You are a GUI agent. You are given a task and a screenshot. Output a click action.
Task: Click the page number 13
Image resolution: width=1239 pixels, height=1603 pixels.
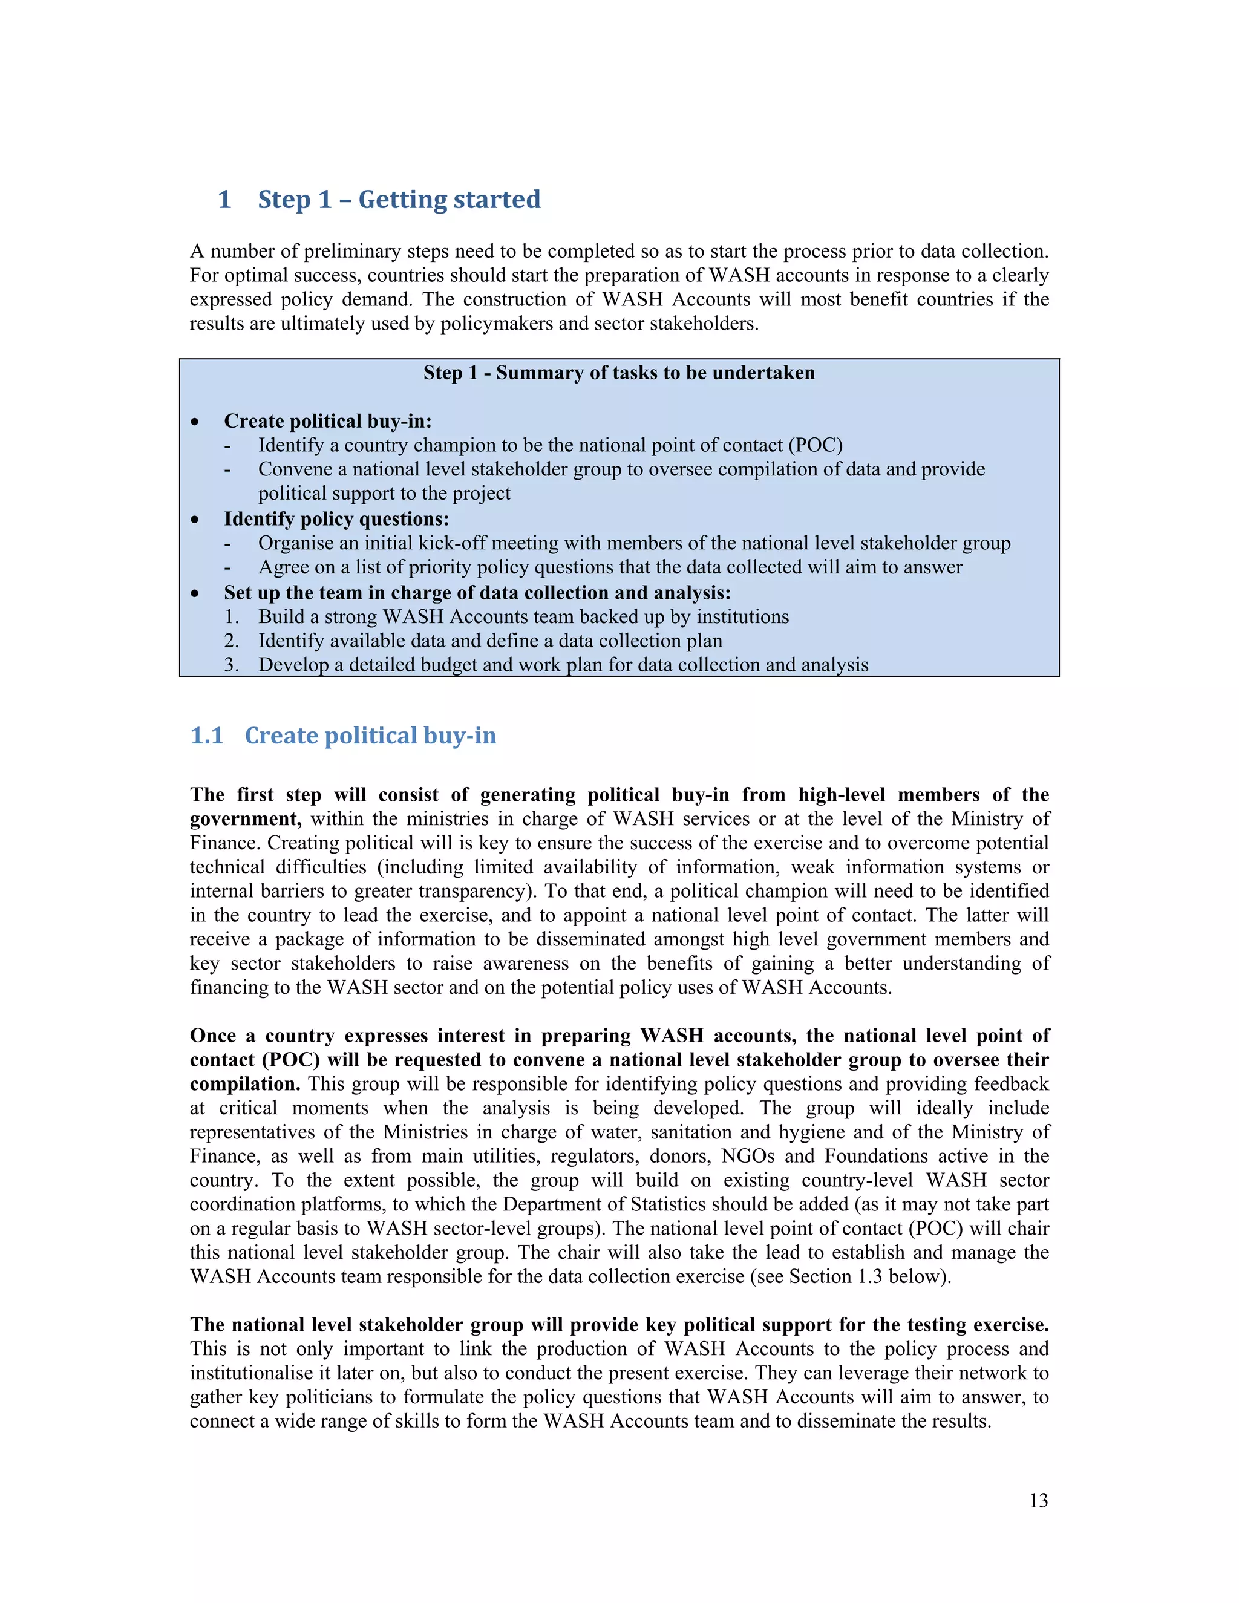(1038, 1500)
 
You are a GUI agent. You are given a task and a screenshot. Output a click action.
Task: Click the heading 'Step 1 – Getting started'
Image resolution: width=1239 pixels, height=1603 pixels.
(399, 200)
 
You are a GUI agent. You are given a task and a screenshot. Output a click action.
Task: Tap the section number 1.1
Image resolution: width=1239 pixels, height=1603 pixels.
(206, 736)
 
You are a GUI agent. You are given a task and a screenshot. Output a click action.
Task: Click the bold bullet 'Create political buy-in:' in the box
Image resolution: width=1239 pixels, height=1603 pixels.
(327, 421)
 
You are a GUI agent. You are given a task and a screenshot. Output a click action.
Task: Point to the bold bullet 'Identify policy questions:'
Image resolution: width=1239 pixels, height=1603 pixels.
(336, 519)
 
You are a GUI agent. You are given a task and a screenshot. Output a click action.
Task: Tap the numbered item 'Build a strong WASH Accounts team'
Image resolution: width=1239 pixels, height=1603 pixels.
(523, 616)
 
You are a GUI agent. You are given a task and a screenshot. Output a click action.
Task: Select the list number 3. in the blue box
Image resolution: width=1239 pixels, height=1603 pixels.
(231, 665)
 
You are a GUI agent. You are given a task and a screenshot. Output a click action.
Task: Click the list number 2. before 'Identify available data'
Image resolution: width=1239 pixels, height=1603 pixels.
(231, 641)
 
